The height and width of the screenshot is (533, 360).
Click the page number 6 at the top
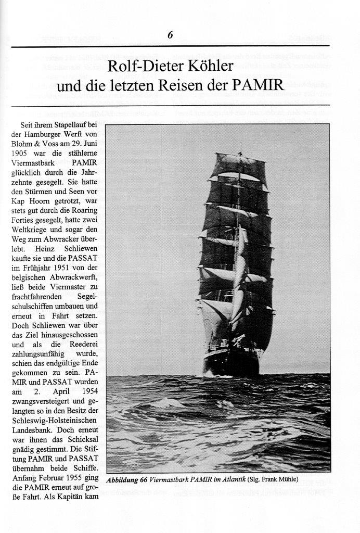170,35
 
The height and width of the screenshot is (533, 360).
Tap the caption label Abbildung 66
127,480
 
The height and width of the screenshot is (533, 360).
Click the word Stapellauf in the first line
68,125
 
